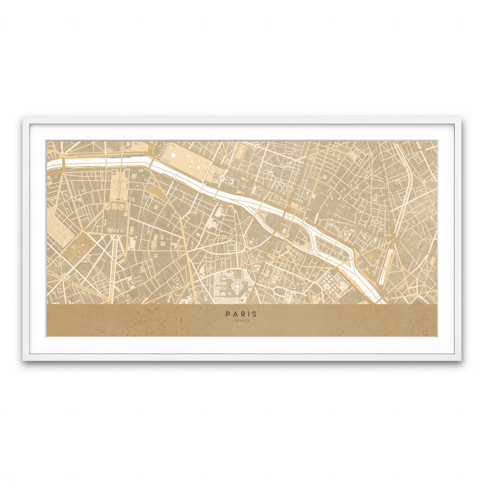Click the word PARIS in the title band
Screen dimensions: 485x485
(241, 314)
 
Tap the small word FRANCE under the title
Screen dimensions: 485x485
(241, 321)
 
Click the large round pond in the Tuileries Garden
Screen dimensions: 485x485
(173, 154)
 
